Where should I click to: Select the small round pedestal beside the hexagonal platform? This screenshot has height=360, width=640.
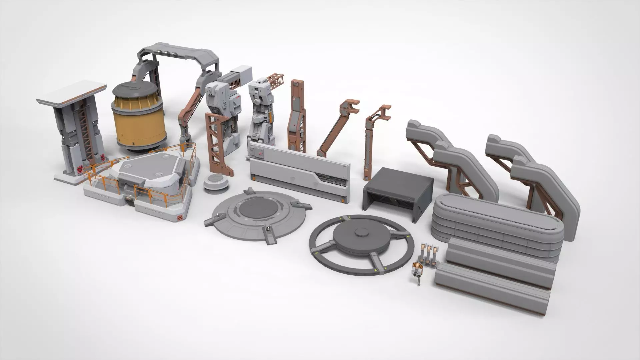point(215,182)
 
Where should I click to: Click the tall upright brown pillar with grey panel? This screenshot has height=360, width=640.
point(297,117)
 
